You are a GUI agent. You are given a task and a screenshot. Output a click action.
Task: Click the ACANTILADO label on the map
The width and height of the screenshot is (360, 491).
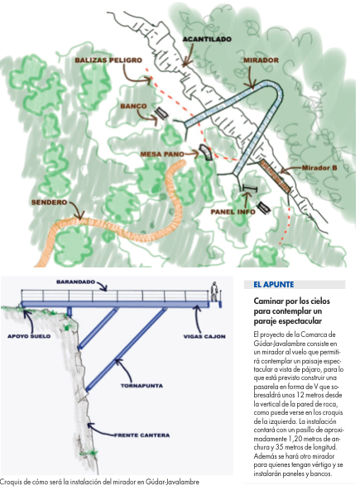click(x=207, y=39)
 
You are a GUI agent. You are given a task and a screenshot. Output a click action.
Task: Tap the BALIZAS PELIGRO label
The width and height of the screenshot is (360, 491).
click(x=108, y=60)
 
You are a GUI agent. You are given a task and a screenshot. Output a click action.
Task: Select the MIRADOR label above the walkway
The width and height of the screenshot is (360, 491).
click(x=261, y=60)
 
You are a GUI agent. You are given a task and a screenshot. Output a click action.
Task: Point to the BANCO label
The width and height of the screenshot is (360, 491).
click(x=133, y=106)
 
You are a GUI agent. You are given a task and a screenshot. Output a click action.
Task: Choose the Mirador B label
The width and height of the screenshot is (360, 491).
click(x=319, y=168)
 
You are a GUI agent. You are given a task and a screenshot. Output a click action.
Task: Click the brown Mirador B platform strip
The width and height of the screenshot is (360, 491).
click(x=275, y=176)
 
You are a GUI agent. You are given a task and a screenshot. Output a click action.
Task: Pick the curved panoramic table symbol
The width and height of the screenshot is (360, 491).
click(x=206, y=152)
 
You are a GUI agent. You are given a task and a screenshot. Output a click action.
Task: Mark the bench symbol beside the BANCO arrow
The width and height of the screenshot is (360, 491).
click(x=162, y=113)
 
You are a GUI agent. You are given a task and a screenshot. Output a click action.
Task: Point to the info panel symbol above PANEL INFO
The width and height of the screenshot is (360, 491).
click(x=250, y=188)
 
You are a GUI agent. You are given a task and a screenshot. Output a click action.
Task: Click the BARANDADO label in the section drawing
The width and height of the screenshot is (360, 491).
click(x=76, y=282)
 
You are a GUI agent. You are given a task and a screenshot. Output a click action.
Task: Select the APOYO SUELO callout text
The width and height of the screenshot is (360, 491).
click(x=29, y=336)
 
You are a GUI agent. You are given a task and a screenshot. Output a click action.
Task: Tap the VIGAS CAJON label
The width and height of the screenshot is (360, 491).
click(x=204, y=337)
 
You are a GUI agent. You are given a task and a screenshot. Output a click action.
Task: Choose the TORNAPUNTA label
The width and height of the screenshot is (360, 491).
click(x=142, y=386)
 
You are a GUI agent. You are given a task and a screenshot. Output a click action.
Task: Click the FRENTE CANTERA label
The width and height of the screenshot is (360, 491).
click(x=142, y=435)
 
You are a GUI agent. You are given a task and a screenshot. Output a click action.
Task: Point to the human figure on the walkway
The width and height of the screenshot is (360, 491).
click(x=214, y=291)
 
